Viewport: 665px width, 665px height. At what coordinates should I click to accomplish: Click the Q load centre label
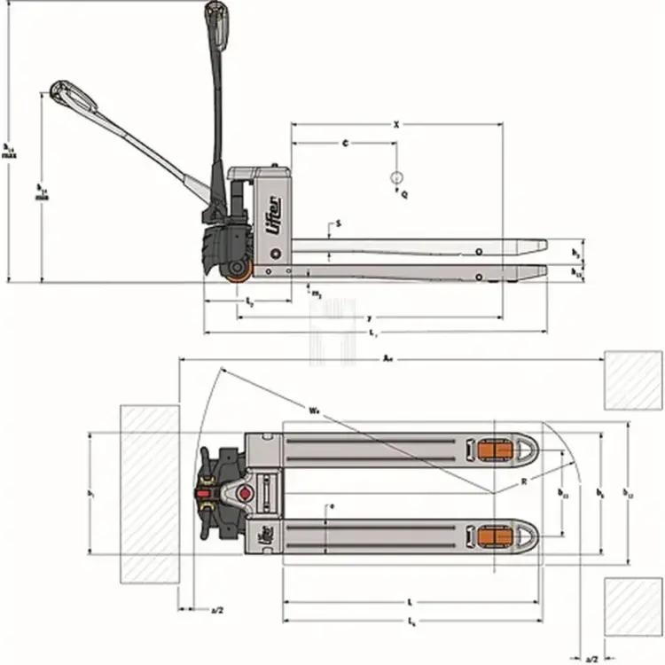click(x=404, y=192)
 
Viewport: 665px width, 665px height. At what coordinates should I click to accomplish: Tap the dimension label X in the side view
click(x=396, y=126)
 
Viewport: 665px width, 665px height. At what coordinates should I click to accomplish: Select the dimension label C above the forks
click(x=344, y=142)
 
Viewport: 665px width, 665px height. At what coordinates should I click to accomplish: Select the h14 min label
click(x=41, y=192)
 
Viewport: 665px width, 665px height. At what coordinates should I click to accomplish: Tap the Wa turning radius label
click(x=315, y=411)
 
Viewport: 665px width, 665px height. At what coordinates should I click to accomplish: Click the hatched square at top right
click(x=633, y=379)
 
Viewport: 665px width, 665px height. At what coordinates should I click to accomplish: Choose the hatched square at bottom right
click(x=633, y=606)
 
